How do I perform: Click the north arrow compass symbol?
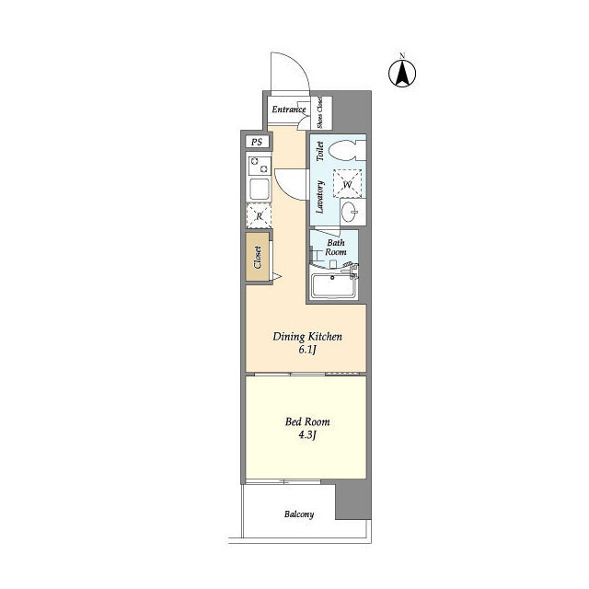(x=402, y=73)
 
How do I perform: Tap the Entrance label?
(x=288, y=110)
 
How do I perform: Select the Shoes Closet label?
(x=319, y=112)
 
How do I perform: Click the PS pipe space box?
(x=257, y=142)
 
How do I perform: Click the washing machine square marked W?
(x=348, y=184)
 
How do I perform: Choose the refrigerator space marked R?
(x=259, y=216)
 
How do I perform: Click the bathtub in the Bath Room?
(x=333, y=286)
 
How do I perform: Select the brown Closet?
(x=258, y=257)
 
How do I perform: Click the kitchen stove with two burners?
(x=260, y=166)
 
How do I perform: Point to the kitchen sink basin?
(x=260, y=190)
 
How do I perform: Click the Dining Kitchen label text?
(x=307, y=337)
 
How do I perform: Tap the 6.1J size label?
(x=307, y=350)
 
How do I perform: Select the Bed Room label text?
(x=307, y=422)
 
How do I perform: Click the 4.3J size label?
(x=307, y=435)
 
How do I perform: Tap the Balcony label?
(x=299, y=514)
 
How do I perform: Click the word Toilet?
(x=320, y=151)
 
